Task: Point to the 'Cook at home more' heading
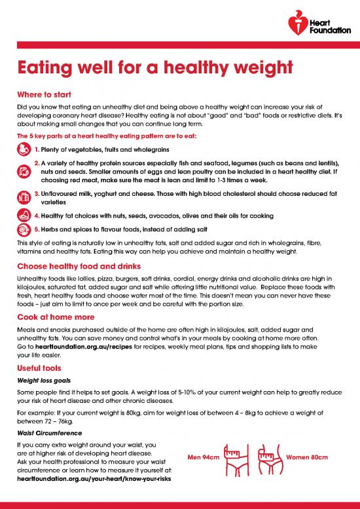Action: pos(56,316)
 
